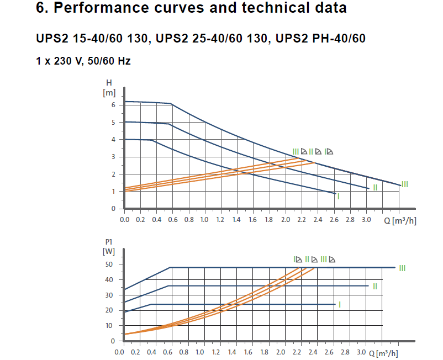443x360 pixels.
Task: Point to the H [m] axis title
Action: [109, 88]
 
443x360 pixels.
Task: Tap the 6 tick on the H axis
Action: [113, 105]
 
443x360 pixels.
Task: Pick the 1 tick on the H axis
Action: [113, 192]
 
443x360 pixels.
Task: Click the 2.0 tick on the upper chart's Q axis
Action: [286, 219]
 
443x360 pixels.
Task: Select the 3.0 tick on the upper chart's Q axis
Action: [366, 219]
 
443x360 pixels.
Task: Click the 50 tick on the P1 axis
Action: [109, 264]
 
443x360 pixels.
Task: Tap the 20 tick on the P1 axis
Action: [109, 310]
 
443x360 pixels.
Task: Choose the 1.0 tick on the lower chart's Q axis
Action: [200, 352]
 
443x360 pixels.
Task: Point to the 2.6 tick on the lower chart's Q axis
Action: [330, 352]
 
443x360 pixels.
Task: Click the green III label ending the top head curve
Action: [405, 184]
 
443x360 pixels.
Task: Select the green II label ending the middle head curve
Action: [375, 188]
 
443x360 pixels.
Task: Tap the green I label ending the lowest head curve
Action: [338, 196]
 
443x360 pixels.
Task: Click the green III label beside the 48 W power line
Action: [402, 268]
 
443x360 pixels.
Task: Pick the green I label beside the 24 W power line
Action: [340, 304]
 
